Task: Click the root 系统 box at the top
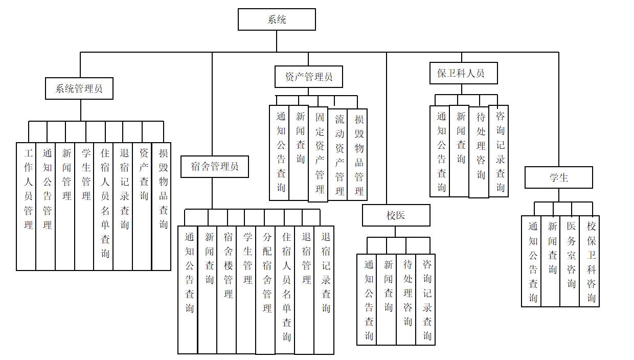(277, 19)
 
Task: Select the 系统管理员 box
(79, 88)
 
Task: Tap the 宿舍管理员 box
(215, 166)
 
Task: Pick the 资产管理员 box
(308, 77)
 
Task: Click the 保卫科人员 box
(463, 73)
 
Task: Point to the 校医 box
(396, 215)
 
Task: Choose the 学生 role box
(558, 177)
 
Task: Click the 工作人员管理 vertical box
(26, 207)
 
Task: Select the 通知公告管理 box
(46, 207)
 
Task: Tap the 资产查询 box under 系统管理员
(142, 207)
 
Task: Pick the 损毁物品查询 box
(162, 207)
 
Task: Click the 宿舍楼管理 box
(227, 290)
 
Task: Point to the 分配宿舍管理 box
(265, 290)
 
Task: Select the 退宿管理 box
(304, 290)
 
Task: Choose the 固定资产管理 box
(318, 154)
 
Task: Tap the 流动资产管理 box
(337, 155)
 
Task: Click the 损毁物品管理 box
(357, 155)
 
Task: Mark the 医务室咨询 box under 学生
(570, 261)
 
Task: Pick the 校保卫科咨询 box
(590, 261)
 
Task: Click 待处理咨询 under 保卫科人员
(479, 152)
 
